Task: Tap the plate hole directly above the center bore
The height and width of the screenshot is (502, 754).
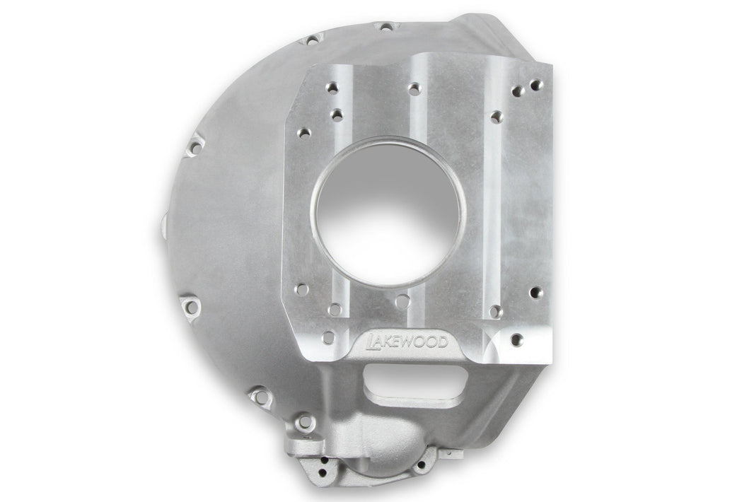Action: click(414, 88)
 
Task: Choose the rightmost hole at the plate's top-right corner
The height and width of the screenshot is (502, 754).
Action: click(537, 85)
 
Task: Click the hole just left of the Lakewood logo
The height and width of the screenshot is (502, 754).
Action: click(327, 337)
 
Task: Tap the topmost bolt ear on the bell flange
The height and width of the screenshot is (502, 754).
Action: click(385, 28)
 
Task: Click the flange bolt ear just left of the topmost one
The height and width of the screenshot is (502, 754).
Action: click(312, 40)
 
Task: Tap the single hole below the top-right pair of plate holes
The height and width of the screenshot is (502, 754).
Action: click(497, 116)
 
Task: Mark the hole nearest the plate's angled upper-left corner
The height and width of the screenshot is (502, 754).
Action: click(304, 132)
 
